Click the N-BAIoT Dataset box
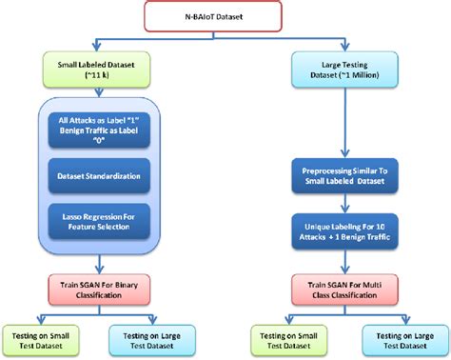(x=225, y=16)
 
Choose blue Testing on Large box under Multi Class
(x=397, y=340)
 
